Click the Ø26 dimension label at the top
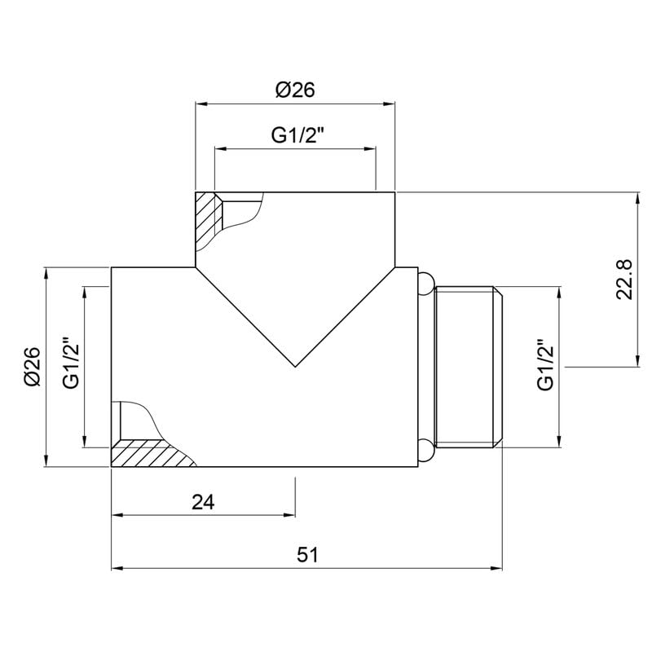[295, 90]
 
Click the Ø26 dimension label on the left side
[33, 367]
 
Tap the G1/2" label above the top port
[297, 134]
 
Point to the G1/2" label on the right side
[545, 364]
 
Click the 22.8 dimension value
[624, 280]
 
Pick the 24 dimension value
[203, 502]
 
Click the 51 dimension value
[307, 555]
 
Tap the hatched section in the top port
[207, 219]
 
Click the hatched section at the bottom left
[150, 453]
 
